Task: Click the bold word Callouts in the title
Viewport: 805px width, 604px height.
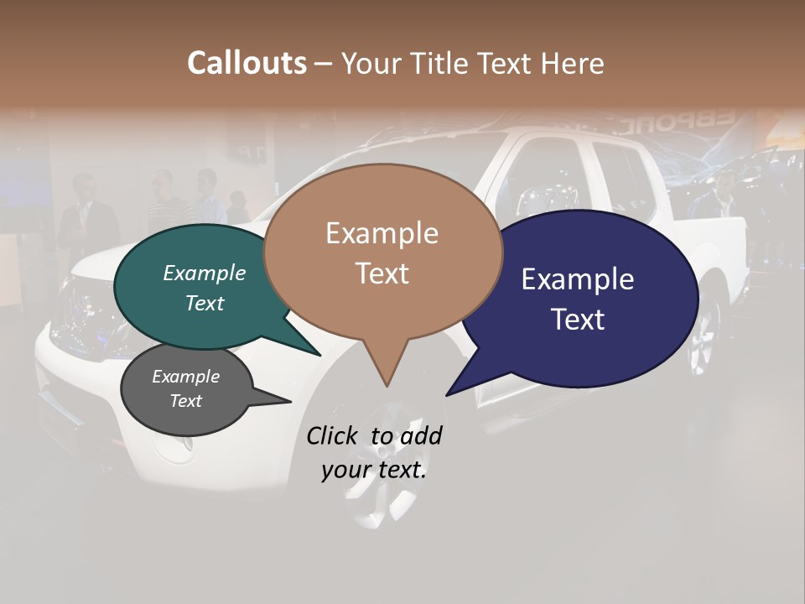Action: click(247, 63)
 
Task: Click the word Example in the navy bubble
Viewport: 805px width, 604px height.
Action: click(578, 279)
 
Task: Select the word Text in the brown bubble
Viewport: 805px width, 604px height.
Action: click(382, 273)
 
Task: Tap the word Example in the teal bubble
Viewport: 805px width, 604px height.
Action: click(205, 273)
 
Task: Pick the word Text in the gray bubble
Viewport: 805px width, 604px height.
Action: click(186, 401)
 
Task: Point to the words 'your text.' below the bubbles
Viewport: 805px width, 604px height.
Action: click(374, 471)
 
